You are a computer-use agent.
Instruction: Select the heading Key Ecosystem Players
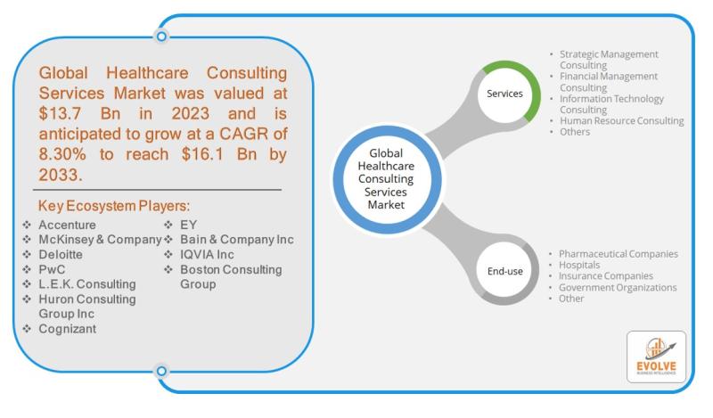coord(114,206)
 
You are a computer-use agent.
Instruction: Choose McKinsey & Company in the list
coord(100,240)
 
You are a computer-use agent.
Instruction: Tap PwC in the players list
coord(53,269)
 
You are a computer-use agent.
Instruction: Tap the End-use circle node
coord(504,267)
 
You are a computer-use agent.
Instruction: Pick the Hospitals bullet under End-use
coord(579,266)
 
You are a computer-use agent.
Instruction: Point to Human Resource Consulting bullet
coord(621,120)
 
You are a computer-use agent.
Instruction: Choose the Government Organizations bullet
coord(618,288)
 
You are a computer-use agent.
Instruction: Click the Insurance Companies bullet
coord(606,276)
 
